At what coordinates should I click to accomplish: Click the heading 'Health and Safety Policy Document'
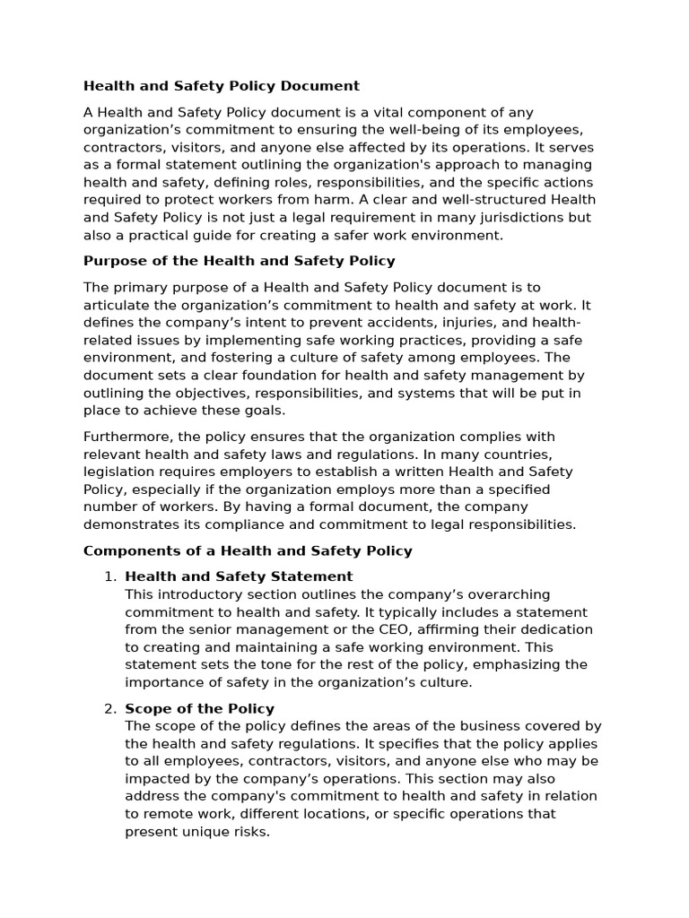[221, 86]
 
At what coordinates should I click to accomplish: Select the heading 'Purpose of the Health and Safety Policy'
[239, 261]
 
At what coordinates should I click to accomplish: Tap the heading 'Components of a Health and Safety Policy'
[248, 550]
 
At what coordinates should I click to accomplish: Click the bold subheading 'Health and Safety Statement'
[239, 576]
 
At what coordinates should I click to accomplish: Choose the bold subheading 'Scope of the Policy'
[199, 708]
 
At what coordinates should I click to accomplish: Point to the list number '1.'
[111, 576]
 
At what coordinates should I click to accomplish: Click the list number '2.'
[111, 708]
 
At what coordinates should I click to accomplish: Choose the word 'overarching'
[509, 594]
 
